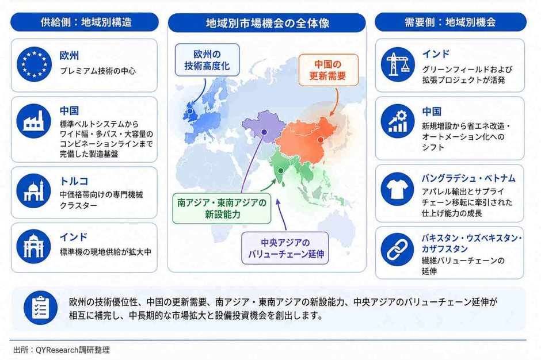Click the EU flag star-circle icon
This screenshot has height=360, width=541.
click(34, 64)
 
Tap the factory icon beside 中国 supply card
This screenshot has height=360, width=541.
click(34, 121)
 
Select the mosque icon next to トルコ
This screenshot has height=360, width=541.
click(33, 191)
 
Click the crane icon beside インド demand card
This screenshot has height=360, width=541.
click(398, 64)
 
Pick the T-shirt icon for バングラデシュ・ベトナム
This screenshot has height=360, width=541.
click(398, 189)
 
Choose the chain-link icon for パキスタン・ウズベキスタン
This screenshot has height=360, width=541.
click(398, 250)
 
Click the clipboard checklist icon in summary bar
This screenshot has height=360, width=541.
click(41, 308)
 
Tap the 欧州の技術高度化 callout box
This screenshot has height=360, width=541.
click(207, 60)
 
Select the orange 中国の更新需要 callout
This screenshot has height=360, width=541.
click(328, 70)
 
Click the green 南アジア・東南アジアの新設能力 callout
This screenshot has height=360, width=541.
click(222, 209)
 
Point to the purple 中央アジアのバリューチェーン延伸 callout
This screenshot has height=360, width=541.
click(285, 248)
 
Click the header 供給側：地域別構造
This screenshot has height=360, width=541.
click(85, 22)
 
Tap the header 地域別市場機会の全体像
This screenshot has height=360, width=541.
click(267, 23)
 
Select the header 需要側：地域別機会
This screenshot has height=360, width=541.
click(450, 22)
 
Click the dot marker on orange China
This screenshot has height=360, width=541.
click(321, 140)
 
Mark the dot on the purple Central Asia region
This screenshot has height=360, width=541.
click(264, 132)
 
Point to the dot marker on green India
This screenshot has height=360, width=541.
click(281, 171)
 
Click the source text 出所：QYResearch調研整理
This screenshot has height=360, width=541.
click(62, 350)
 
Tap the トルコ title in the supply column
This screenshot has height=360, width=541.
click(74, 181)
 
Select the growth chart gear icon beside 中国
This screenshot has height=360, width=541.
click(398, 121)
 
